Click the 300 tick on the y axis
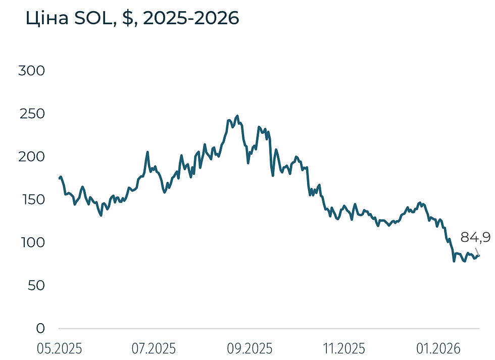click(x=32, y=71)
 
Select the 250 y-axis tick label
click(x=32, y=114)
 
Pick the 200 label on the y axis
click(x=32, y=157)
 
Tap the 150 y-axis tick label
click(x=32, y=199)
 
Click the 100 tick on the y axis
click(x=32, y=242)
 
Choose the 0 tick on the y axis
click(x=40, y=328)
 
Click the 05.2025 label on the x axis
click(x=60, y=348)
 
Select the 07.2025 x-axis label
click(x=154, y=348)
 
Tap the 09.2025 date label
click(x=250, y=348)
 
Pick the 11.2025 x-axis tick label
click(x=344, y=348)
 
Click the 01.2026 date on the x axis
click(x=438, y=348)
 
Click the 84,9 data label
click(x=475, y=237)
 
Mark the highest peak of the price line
click(x=237, y=116)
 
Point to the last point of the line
click(x=479, y=255)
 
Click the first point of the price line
click(x=60, y=178)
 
